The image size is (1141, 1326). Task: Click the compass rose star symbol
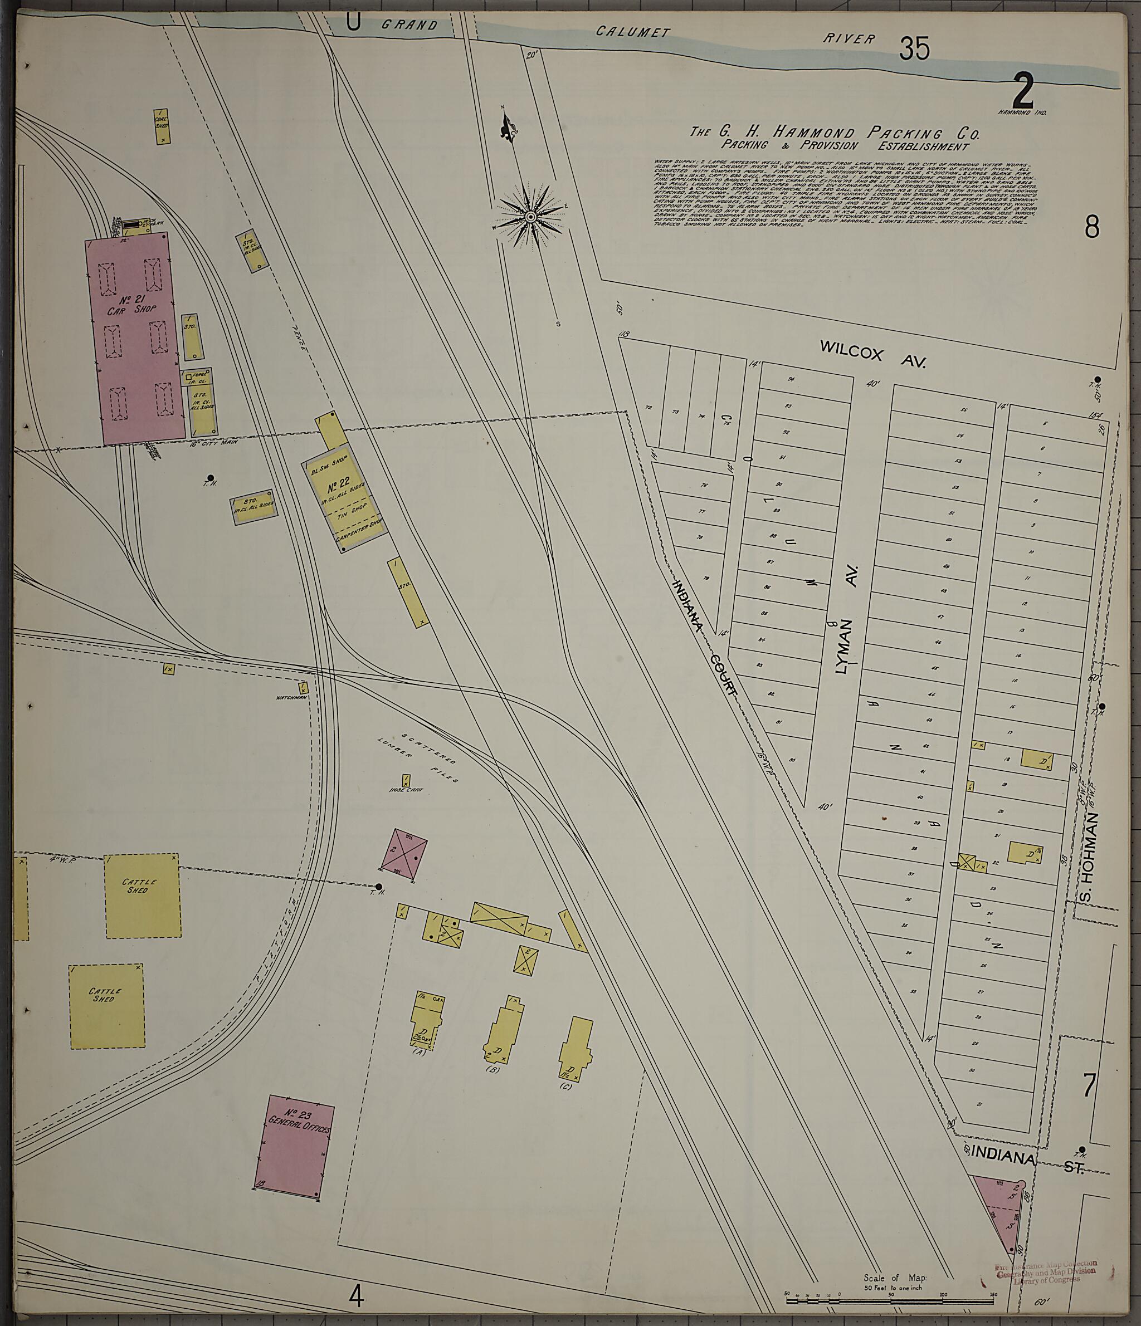(x=530, y=218)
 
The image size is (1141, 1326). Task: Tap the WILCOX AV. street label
(x=872, y=354)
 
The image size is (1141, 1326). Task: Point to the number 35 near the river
(x=914, y=48)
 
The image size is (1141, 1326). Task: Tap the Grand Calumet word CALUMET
(x=632, y=31)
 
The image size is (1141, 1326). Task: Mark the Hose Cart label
(x=406, y=790)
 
